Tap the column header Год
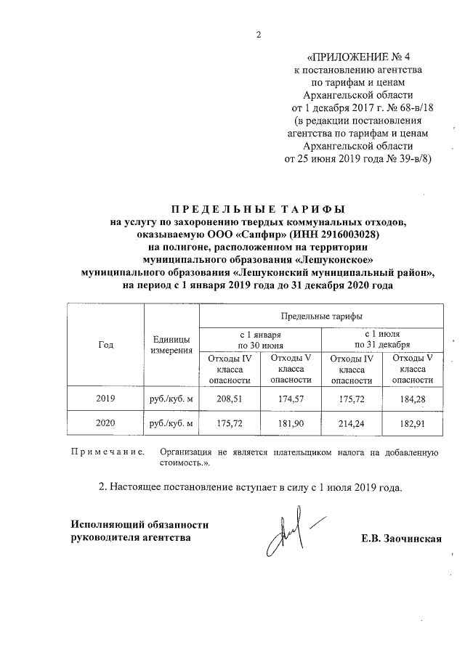(x=105, y=345)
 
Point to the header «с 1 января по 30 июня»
(x=259, y=338)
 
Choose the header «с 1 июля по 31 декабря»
(x=382, y=338)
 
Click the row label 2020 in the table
(x=105, y=422)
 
